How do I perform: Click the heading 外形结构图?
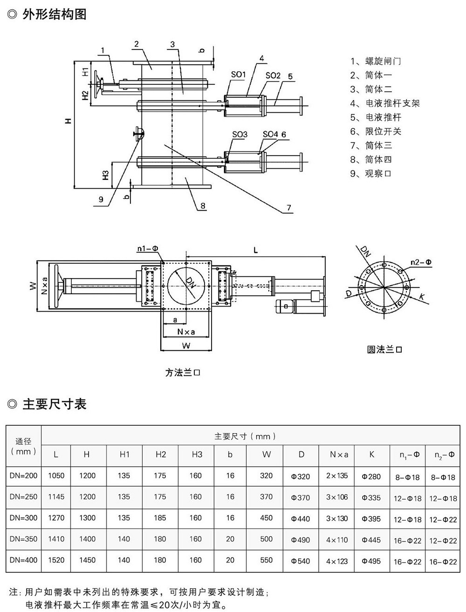54,14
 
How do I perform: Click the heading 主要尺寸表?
54,404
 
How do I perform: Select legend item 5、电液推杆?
376,117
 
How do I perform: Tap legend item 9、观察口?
371,173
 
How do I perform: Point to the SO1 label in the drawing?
238,75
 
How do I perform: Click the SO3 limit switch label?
240,135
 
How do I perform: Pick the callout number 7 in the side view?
289,208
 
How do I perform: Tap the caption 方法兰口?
183,373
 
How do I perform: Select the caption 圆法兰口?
384,349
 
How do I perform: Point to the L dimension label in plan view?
255,250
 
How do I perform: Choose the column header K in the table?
371,454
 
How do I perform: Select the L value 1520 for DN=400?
56,560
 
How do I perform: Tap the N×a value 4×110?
337,540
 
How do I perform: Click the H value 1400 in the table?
87,539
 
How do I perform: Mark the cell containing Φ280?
371,476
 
